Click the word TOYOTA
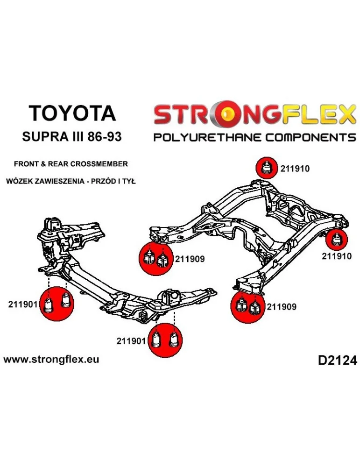coord(72,113)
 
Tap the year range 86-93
coord(107,137)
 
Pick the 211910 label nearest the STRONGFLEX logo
coord(295,169)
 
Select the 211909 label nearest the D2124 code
coord(282,307)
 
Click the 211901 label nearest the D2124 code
coord(132,340)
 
